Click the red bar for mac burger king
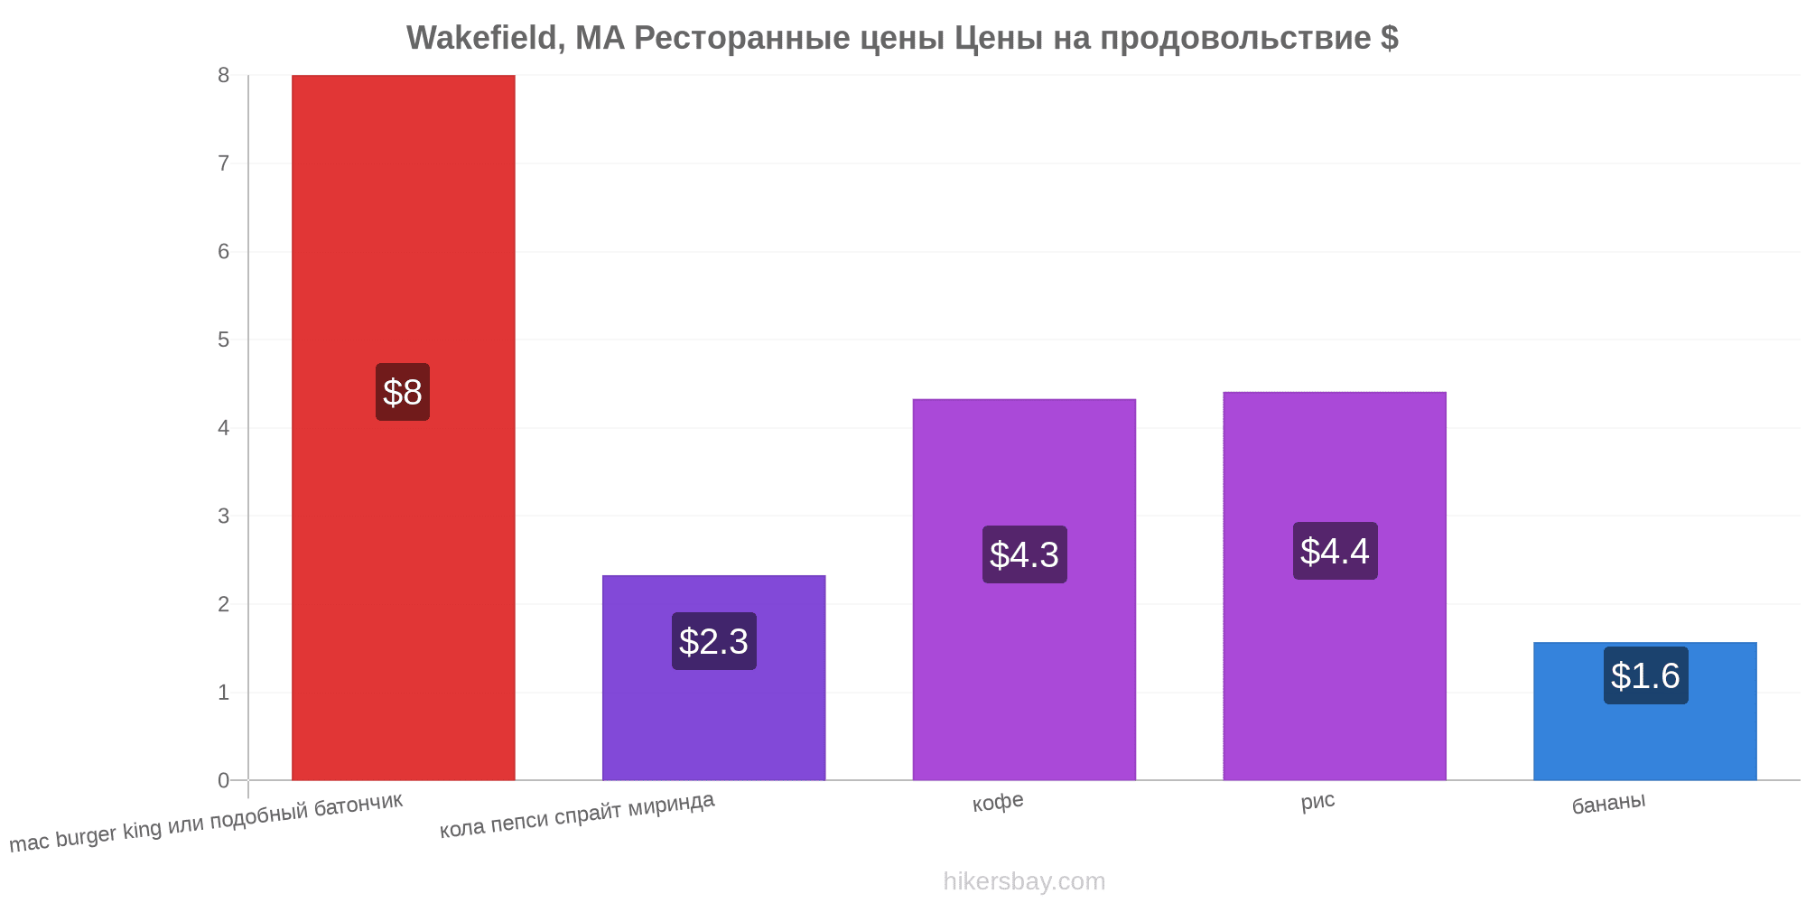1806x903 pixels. click(403, 427)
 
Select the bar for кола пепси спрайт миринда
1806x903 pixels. click(713, 677)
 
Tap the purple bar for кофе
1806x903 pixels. click(1024, 590)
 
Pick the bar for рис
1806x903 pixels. click(1335, 586)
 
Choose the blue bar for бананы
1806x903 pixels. click(1645, 711)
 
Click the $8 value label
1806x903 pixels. click(403, 392)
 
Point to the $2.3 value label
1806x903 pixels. click(713, 641)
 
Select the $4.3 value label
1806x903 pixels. click(1024, 554)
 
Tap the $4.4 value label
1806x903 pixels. click(1335, 551)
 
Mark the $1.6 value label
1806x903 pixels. click(1645, 675)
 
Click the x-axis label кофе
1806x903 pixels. click(998, 802)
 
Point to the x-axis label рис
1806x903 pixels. click(1317, 801)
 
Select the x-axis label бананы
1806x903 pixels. click(1608, 803)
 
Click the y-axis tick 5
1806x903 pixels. click(223, 340)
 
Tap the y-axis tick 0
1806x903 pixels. click(223, 780)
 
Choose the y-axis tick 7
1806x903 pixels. click(223, 163)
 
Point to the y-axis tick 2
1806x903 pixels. click(223, 604)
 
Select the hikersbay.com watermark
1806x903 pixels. click(1024, 881)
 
